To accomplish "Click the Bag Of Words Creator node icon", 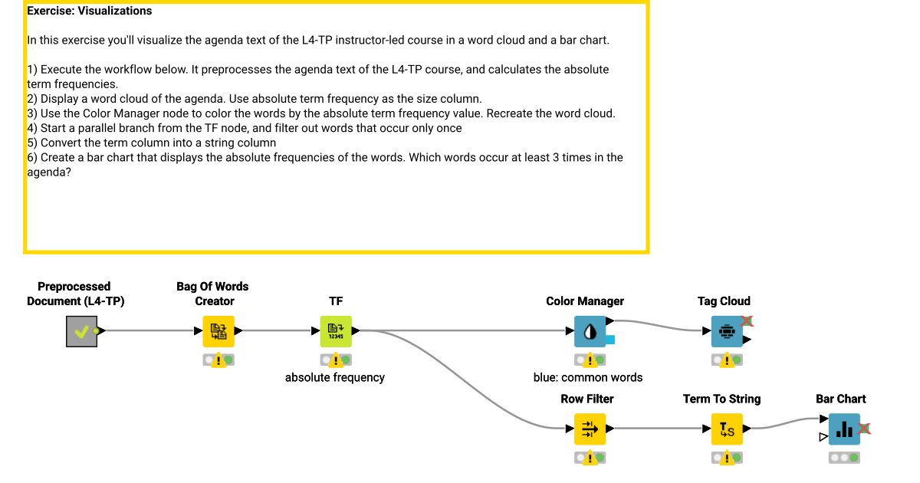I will click(219, 331).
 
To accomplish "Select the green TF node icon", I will click(336, 331).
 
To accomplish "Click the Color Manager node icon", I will click(590, 331).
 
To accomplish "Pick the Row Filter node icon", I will click(590, 429).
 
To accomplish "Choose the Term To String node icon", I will click(727, 429).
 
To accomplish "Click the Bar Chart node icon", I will click(844, 429).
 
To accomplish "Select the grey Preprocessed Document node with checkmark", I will click(81, 331).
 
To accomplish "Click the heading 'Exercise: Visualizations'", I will click(90, 11).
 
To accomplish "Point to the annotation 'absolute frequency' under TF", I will click(335, 377).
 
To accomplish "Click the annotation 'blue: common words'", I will click(588, 377).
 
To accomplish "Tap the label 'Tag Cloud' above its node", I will click(724, 301).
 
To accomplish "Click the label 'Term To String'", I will click(721, 399).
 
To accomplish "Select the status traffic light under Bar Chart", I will click(844, 458).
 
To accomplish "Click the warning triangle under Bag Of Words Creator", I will click(219, 360).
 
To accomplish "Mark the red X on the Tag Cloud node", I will click(747, 321).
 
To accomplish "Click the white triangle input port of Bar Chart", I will click(823, 437).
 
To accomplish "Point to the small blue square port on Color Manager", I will click(610, 340).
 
